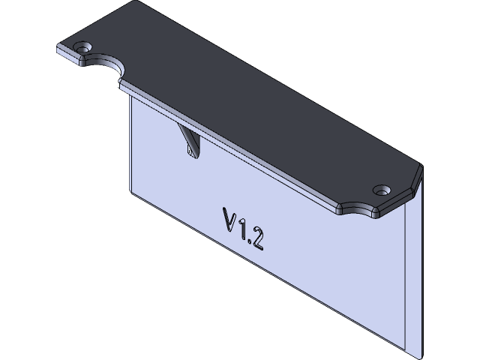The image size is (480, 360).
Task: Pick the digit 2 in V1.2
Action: point(256,238)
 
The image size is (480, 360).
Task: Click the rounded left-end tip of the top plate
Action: point(58,49)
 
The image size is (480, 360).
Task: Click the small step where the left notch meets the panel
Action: point(122,85)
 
